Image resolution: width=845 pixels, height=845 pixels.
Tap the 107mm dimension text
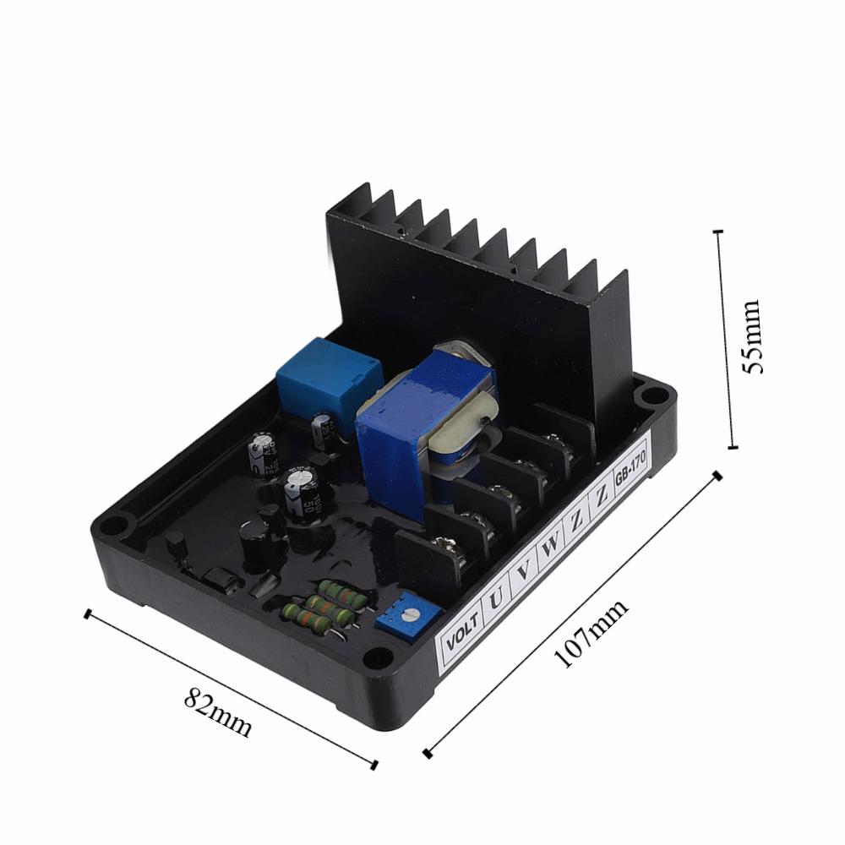click(591, 634)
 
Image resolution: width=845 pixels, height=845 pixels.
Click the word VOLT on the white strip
click(461, 635)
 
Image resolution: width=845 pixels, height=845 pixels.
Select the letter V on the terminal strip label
click(524, 570)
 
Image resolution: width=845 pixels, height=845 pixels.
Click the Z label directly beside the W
click(576, 521)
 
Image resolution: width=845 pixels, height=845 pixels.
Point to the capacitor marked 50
click(301, 494)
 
